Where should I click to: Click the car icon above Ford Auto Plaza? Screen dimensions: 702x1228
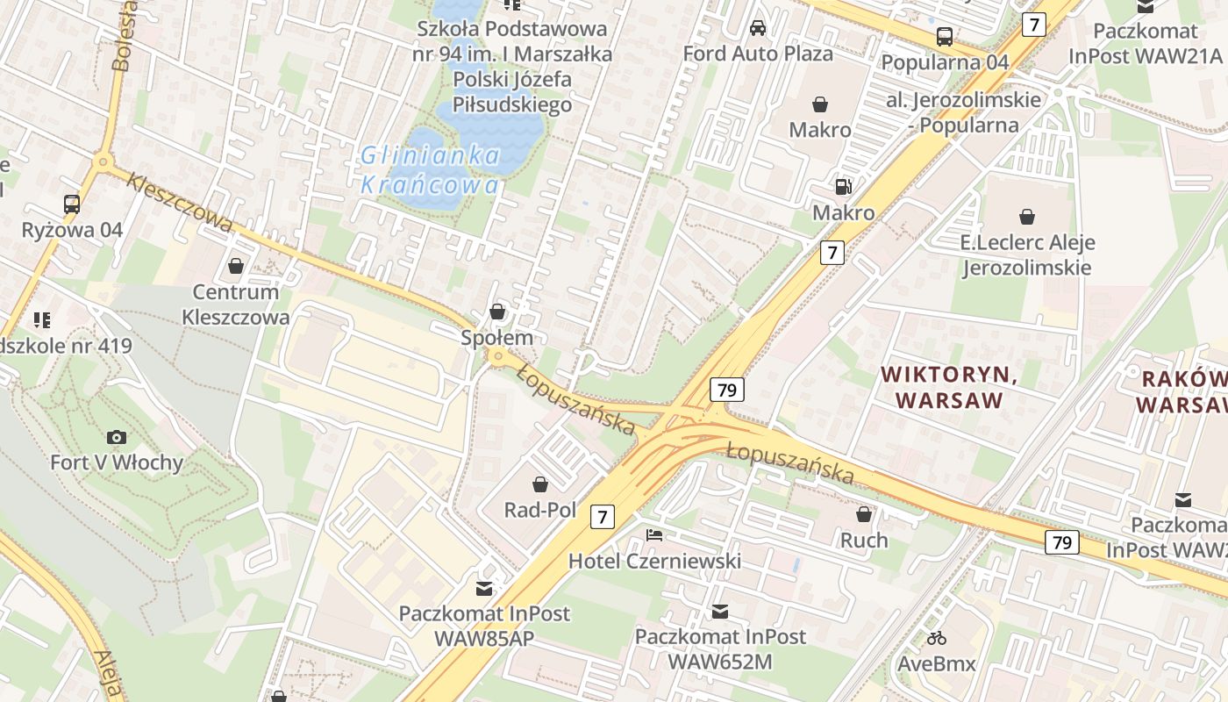[x=758, y=28]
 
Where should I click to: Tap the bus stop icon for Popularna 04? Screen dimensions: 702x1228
[x=945, y=37]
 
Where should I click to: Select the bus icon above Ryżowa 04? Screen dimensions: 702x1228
[x=72, y=204]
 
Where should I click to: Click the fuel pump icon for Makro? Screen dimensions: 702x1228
[x=843, y=186]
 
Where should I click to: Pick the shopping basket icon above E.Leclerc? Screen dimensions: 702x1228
[x=1026, y=216]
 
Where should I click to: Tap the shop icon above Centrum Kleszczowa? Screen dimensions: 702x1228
[x=235, y=265]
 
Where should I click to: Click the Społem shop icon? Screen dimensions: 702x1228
[x=497, y=312]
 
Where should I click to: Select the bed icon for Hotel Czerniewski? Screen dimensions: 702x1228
[x=654, y=534]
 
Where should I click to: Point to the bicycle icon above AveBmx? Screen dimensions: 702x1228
[x=937, y=638]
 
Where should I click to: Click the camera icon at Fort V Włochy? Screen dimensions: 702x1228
[x=116, y=437]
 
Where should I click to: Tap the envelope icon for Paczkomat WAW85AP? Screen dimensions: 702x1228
[x=483, y=588]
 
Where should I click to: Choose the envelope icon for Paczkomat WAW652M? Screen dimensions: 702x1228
[x=720, y=611]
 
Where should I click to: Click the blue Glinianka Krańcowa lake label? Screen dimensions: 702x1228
[x=430, y=170]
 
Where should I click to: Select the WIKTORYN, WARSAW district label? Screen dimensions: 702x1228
[x=949, y=387]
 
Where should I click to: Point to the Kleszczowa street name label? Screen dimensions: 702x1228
[x=179, y=204]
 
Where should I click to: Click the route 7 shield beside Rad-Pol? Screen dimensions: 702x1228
[x=602, y=517]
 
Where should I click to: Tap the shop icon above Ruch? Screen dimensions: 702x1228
[x=864, y=514]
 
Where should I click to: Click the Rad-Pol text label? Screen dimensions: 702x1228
[x=539, y=510]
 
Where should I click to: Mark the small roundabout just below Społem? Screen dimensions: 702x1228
[x=498, y=356]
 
